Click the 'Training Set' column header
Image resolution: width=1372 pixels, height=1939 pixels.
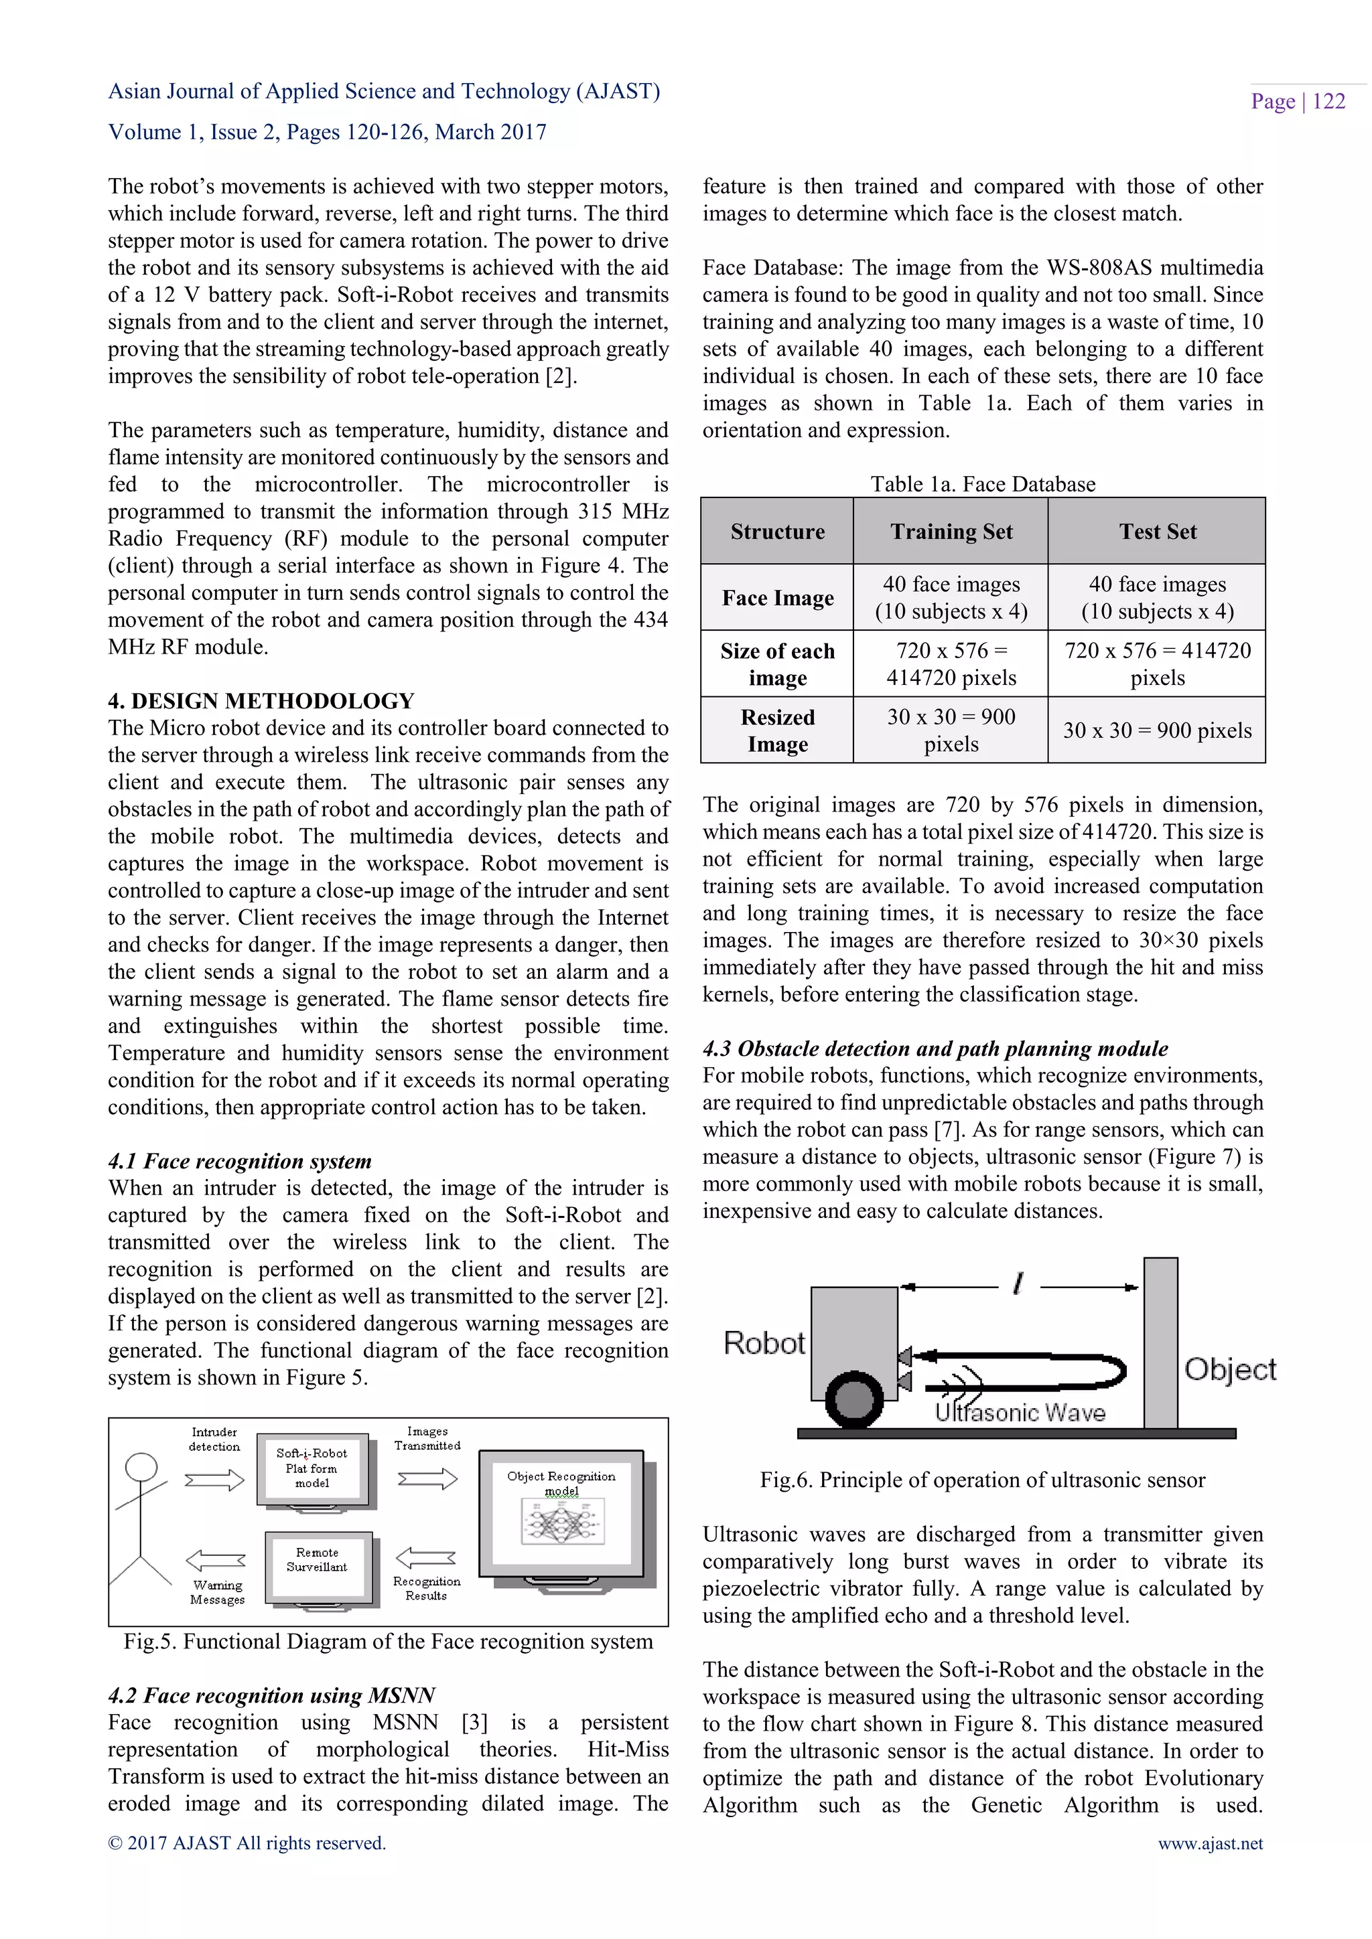(951, 531)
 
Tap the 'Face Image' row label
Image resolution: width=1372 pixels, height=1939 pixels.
(777, 598)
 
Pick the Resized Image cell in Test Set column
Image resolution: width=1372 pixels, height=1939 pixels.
(1156, 730)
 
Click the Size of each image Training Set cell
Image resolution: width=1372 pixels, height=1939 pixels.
(951, 664)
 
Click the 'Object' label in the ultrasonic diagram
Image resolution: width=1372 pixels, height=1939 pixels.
(1229, 1369)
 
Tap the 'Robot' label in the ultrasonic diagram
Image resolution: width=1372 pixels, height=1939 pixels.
(764, 1343)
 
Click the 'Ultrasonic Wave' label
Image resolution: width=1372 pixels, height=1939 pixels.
(1020, 1413)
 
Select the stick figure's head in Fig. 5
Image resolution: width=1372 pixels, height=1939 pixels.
(141, 1468)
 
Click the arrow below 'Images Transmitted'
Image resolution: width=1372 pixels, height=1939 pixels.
(427, 1479)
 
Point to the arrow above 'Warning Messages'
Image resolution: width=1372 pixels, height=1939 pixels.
(216, 1560)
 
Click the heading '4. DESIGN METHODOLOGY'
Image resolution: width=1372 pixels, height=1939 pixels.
(261, 701)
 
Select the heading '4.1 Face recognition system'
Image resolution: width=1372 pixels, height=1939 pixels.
(240, 1161)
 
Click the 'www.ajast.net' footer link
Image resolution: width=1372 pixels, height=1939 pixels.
(1210, 1843)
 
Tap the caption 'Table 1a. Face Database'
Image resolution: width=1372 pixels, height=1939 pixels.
(983, 484)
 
